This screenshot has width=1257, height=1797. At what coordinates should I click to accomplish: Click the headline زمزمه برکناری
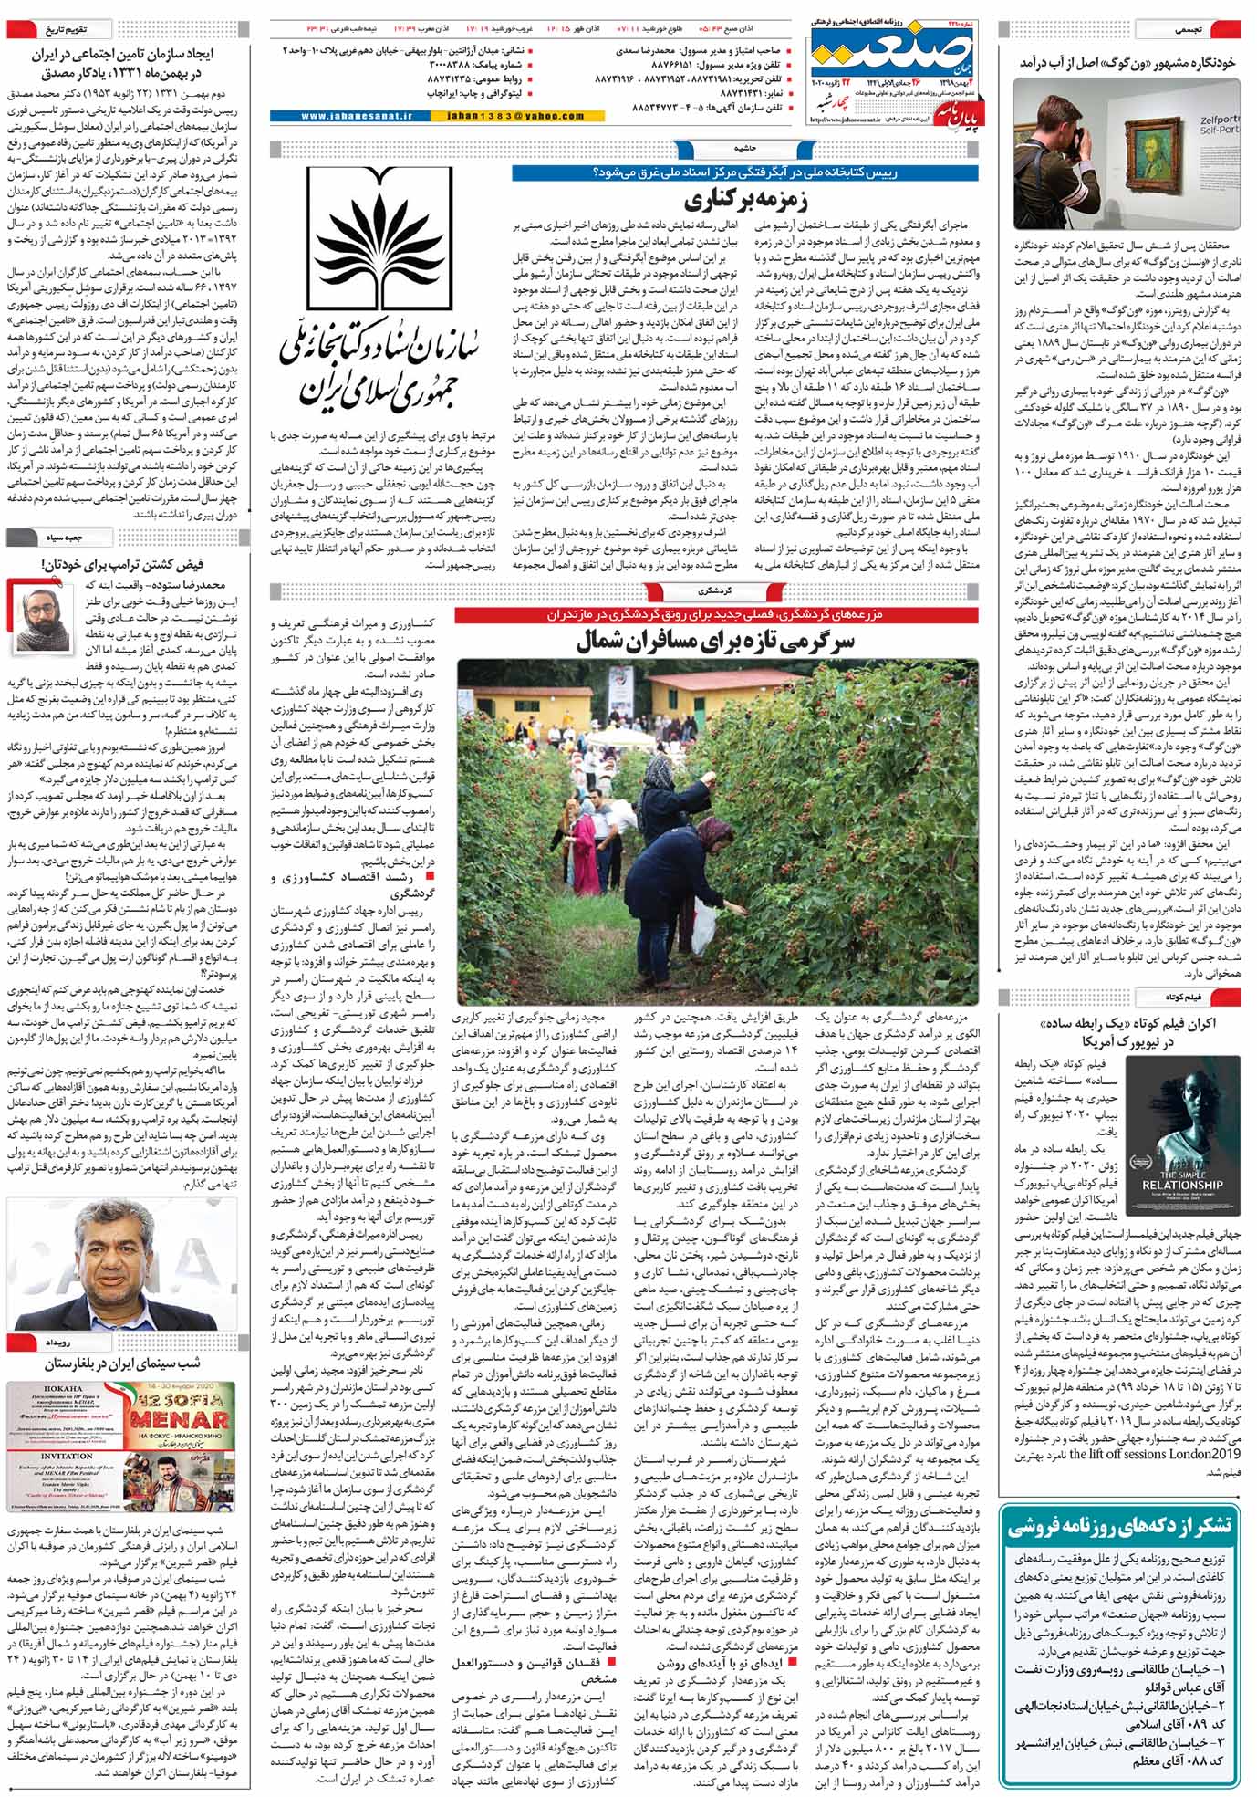(746, 198)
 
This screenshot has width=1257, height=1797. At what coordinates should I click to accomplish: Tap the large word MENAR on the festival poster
(178, 1421)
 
